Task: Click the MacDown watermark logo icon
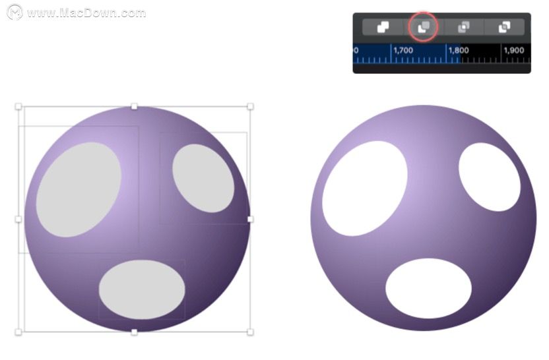coord(15,13)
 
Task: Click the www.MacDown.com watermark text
coord(86,13)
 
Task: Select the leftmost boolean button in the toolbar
coord(383,27)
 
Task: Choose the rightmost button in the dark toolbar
coord(504,27)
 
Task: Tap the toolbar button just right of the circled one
coord(464,27)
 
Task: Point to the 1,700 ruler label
coord(403,50)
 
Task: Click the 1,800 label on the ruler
coord(459,50)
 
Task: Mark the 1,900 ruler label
coord(513,50)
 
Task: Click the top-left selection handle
coord(18,106)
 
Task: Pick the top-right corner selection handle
coord(250,106)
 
